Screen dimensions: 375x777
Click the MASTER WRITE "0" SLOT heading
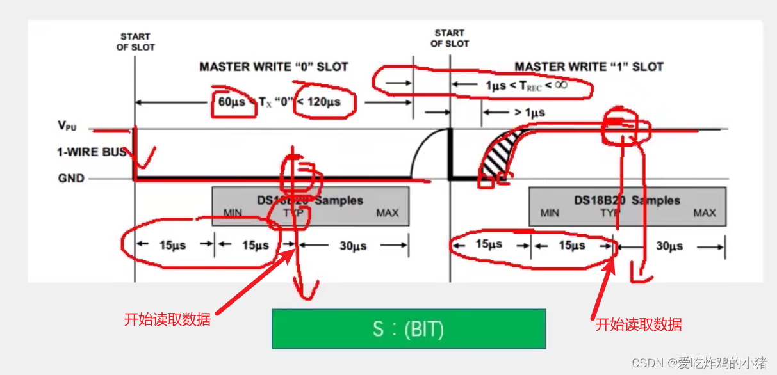[274, 67]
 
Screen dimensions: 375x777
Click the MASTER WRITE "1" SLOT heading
[589, 67]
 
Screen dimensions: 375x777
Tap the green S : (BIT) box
[409, 329]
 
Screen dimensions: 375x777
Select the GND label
[71, 178]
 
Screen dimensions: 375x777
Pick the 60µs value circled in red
[229, 102]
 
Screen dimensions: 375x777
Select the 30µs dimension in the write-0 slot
[352, 246]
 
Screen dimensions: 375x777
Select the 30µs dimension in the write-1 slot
[669, 246]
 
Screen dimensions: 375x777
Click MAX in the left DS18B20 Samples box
[387, 212]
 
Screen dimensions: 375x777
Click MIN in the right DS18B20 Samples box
[549, 212]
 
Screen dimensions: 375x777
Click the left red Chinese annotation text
[167, 319]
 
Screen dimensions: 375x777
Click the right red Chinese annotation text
[639, 324]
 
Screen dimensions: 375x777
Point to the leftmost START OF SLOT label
[135, 42]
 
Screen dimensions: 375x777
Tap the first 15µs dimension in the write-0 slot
[172, 246]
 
